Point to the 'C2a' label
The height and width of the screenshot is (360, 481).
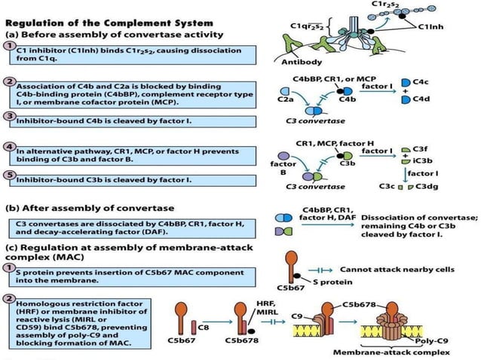pyautogui.click(x=285, y=98)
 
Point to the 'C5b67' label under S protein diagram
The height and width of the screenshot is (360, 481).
pyautogui.click(x=291, y=287)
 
